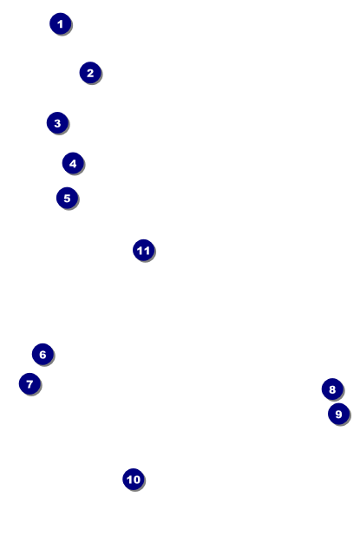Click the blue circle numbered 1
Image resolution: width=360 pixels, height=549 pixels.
point(60,23)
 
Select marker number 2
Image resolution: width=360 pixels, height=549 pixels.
point(90,73)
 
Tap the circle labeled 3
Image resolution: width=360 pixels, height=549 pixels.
point(57,122)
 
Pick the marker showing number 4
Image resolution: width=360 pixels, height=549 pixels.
point(73,163)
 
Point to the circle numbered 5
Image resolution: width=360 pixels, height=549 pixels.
point(67,198)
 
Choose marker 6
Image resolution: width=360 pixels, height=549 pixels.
point(43,354)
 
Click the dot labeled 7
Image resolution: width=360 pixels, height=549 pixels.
point(29,383)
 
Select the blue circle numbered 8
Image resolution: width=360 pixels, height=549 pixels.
point(332,389)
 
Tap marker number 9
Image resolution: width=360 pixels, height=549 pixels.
point(338,414)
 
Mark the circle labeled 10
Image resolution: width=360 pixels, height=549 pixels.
point(134,479)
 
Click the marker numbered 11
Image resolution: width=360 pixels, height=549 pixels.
point(144,250)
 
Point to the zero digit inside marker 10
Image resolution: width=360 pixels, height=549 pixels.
point(136,480)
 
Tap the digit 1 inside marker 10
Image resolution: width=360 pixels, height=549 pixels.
point(129,480)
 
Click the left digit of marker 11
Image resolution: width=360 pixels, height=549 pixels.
point(140,251)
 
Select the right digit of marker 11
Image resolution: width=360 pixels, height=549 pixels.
point(147,251)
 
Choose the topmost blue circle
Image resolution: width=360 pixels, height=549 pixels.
point(60,23)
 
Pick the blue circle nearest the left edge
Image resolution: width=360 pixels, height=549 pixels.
point(29,383)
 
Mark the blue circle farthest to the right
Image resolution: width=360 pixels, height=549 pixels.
point(338,414)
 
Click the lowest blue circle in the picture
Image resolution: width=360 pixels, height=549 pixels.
point(134,479)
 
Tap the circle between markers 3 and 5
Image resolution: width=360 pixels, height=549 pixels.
point(73,163)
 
